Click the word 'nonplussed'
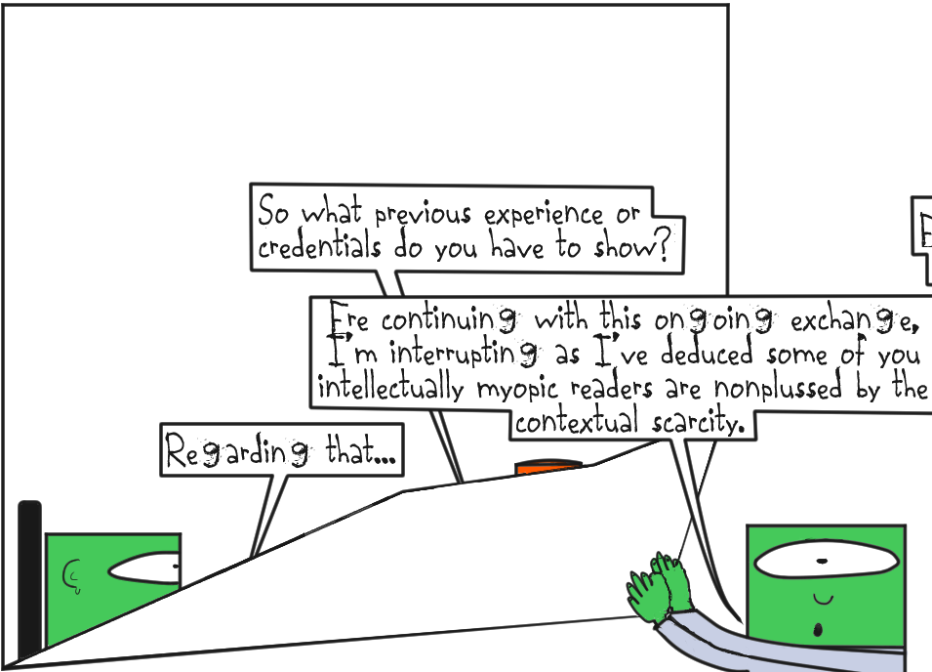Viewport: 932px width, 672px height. pyautogui.click(x=771, y=388)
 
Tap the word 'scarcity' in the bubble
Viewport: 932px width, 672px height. pyautogui.click(x=694, y=422)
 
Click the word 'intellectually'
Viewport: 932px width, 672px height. pyautogui.click(x=390, y=388)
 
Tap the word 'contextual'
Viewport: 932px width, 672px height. pyautogui.click(x=576, y=422)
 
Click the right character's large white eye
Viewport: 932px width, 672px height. pyautogui.click(x=825, y=562)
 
